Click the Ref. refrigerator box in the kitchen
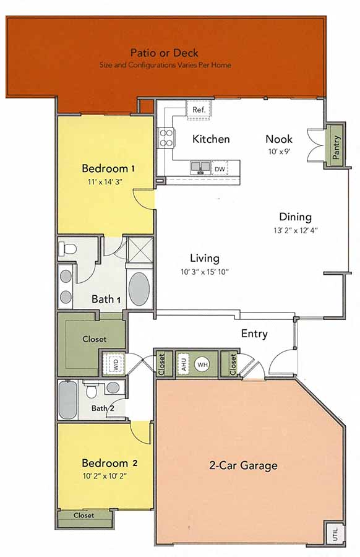[199, 110]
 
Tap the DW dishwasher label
[220, 168]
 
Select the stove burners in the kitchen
[166, 137]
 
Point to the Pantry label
[336, 149]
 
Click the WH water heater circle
[202, 364]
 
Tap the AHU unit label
[183, 363]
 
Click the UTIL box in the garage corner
[334, 533]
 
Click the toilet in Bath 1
[67, 249]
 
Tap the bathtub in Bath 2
[68, 400]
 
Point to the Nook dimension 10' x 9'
[279, 151]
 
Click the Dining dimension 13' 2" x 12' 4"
[294, 230]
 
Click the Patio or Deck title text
[164, 53]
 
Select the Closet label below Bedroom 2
[84, 515]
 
